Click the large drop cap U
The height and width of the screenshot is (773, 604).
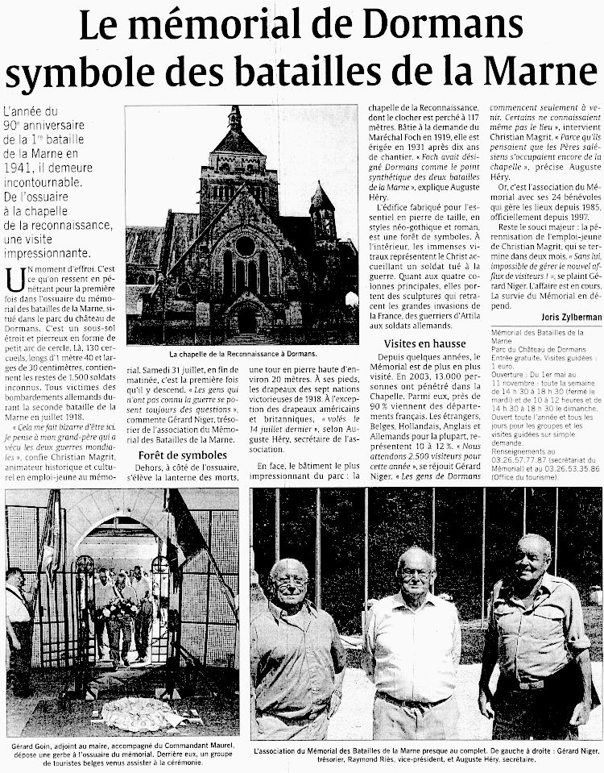click(13, 280)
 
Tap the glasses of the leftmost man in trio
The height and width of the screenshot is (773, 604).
click(290, 581)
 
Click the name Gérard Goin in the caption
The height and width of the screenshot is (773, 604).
click(34, 746)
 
